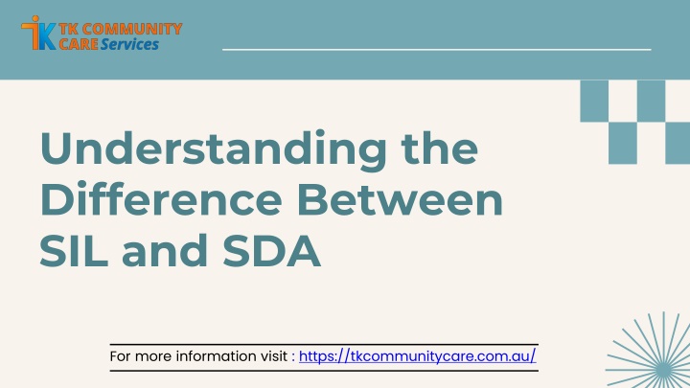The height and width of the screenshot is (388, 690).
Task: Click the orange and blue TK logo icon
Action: coord(38,33)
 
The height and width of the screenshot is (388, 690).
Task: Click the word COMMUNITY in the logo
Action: coord(132,29)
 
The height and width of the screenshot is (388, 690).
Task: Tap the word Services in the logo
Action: coord(129,44)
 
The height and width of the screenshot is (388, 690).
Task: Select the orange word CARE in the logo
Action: coord(79,44)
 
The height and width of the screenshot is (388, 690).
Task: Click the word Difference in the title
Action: coord(161,198)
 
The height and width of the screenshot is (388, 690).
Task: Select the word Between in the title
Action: coord(400,198)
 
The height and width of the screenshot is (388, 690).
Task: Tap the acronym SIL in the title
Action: coord(74,250)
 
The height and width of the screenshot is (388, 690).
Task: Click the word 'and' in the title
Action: coord(165,250)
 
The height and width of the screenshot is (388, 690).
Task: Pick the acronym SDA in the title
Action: coord(272,250)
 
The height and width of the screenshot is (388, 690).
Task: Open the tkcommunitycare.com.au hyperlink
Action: coord(417,355)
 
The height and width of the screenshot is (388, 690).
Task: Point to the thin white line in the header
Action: coord(437,50)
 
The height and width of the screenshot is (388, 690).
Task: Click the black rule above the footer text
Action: coord(324,345)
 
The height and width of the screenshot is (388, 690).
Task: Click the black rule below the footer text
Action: coord(324,371)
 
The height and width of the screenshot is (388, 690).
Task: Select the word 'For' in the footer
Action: coord(120,356)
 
